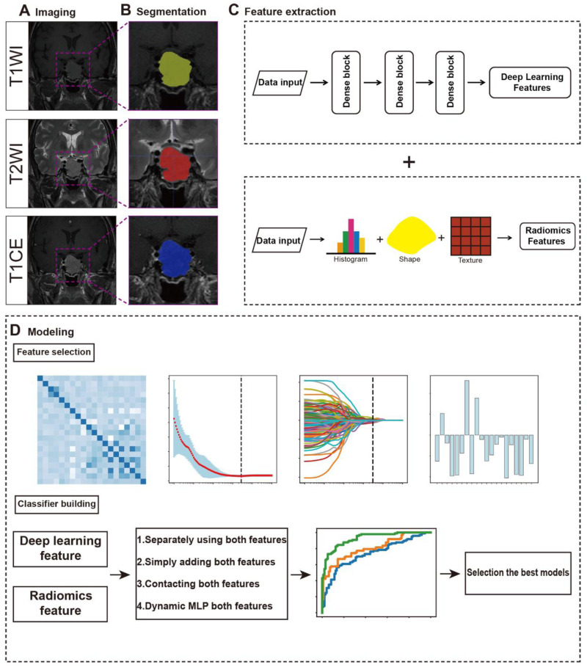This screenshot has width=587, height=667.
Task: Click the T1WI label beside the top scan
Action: pos(14,65)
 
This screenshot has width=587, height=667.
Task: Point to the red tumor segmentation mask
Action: pos(174,164)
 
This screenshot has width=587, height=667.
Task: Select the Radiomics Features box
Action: pos(547,234)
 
